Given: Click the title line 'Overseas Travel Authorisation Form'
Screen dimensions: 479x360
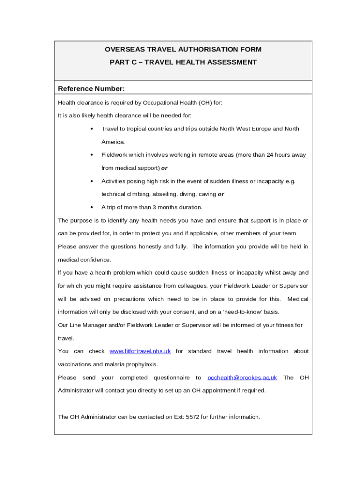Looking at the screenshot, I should [x=183, y=49].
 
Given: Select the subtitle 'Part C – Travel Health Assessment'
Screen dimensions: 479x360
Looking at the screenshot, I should [x=183, y=62].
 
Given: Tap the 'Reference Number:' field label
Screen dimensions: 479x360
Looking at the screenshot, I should [x=91, y=89].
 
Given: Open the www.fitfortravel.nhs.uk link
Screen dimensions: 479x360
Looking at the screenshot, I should [x=140, y=351].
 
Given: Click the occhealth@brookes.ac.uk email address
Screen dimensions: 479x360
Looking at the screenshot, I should [x=242, y=377].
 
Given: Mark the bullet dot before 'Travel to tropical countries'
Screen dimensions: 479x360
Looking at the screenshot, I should [x=92, y=129].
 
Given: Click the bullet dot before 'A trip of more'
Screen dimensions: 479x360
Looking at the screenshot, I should [x=92, y=207].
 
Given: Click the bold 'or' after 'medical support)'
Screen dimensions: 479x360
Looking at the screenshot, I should [x=164, y=168].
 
